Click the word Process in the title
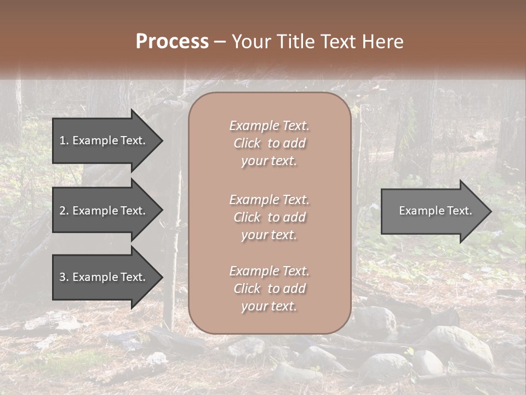[x=172, y=42]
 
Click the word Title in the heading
[x=295, y=42]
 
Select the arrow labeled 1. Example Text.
[x=104, y=140]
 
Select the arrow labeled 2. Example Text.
[x=104, y=211]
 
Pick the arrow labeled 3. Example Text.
[x=104, y=277]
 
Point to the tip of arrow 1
[x=162, y=140]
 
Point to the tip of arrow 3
[x=162, y=277]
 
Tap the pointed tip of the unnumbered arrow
[x=490, y=211]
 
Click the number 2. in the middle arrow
[x=64, y=211]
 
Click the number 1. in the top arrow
[x=64, y=140]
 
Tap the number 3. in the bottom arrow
[x=64, y=277]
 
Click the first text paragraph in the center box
[x=269, y=143]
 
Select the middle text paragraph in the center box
[x=269, y=217]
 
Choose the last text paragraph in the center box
[x=269, y=289]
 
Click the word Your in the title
[x=252, y=42]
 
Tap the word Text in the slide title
[x=336, y=42]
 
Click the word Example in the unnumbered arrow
[x=419, y=211]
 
